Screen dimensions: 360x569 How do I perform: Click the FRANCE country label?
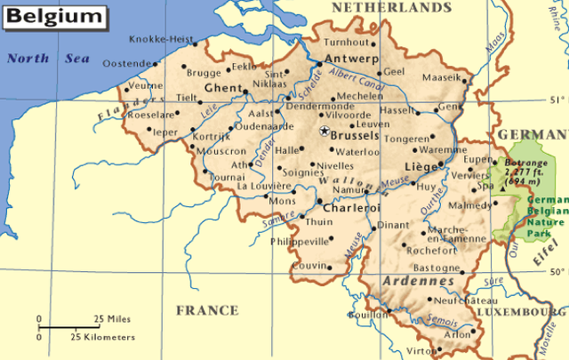[206, 310]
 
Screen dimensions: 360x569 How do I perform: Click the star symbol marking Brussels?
[324, 131]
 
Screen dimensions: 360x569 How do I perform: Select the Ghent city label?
[223, 89]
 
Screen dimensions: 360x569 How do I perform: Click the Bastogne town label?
[435, 268]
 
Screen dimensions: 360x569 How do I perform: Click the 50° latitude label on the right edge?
[557, 272]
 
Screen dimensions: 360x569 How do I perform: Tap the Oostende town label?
[127, 64]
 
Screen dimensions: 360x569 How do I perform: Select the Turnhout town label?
[348, 42]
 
